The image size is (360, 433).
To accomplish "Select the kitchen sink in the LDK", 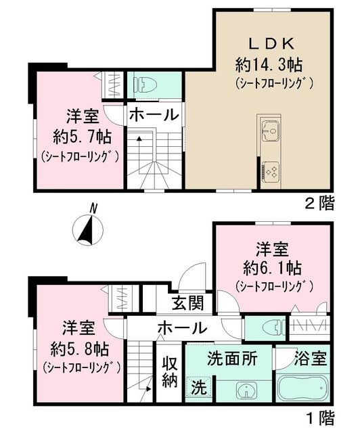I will coord(270,129).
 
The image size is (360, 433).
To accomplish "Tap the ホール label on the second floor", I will coord(153,114).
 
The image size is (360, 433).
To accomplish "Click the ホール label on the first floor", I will coord(182,328).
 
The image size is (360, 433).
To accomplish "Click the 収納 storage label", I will coord(169,371).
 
